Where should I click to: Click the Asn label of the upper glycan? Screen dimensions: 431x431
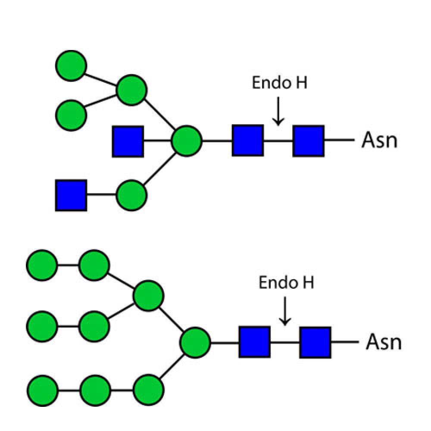pos(379,140)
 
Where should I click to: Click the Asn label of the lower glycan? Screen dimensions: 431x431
pos(384,342)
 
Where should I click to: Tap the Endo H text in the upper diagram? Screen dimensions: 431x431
pos(280,82)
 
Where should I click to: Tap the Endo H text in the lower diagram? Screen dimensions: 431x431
pos(286,282)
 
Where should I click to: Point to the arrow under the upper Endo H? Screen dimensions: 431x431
pos(278,111)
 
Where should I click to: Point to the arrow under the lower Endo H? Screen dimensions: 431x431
pos(285,311)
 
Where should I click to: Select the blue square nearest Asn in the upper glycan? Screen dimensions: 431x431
pos(309,141)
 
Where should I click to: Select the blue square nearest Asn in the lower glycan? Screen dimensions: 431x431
pos(315,343)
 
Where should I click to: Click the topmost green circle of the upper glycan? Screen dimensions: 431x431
pos(71,66)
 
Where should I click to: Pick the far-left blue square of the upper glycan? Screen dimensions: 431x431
pos(71,195)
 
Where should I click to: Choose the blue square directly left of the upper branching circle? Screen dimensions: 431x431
pos(128,141)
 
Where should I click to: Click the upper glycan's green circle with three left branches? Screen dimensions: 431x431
pos(187,141)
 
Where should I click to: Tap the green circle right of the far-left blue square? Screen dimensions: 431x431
pos(131,195)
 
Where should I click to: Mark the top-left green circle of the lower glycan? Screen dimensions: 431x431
pos(42,265)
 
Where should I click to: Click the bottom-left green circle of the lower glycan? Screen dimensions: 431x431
pos(43,390)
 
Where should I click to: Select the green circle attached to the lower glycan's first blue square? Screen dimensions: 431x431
pos(195,343)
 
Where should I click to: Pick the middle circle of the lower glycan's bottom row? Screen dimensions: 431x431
pos(95,390)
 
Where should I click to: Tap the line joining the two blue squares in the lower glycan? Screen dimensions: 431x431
pos(285,343)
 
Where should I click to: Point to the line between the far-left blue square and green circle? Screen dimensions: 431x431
pos(101,195)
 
